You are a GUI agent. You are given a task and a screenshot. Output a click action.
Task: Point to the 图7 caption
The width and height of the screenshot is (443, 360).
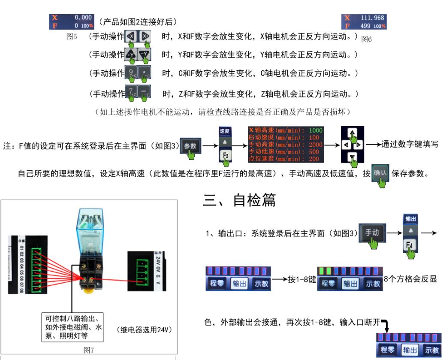coord(89,351)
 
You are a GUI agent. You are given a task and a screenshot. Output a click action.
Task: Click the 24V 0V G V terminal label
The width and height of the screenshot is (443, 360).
coord(161,265)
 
